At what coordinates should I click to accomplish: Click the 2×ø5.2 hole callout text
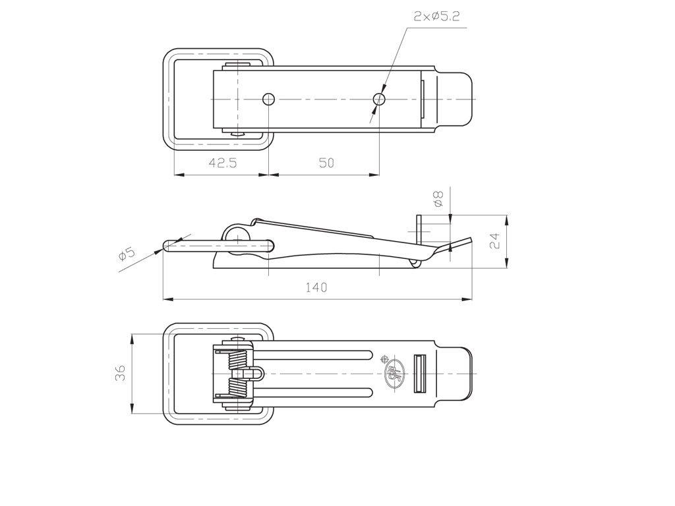(436, 16)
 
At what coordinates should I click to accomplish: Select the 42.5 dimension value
(223, 163)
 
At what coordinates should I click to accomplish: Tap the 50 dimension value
(326, 163)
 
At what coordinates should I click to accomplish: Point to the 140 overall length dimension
(316, 287)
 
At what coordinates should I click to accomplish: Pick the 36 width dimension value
(121, 373)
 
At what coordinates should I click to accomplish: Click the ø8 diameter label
(438, 199)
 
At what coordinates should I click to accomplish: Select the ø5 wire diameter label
(127, 254)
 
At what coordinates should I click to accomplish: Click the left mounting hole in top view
(269, 99)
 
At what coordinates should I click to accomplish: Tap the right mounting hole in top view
(379, 99)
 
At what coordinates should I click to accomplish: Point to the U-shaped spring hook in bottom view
(256, 374)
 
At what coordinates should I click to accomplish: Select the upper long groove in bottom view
(314, 354)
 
